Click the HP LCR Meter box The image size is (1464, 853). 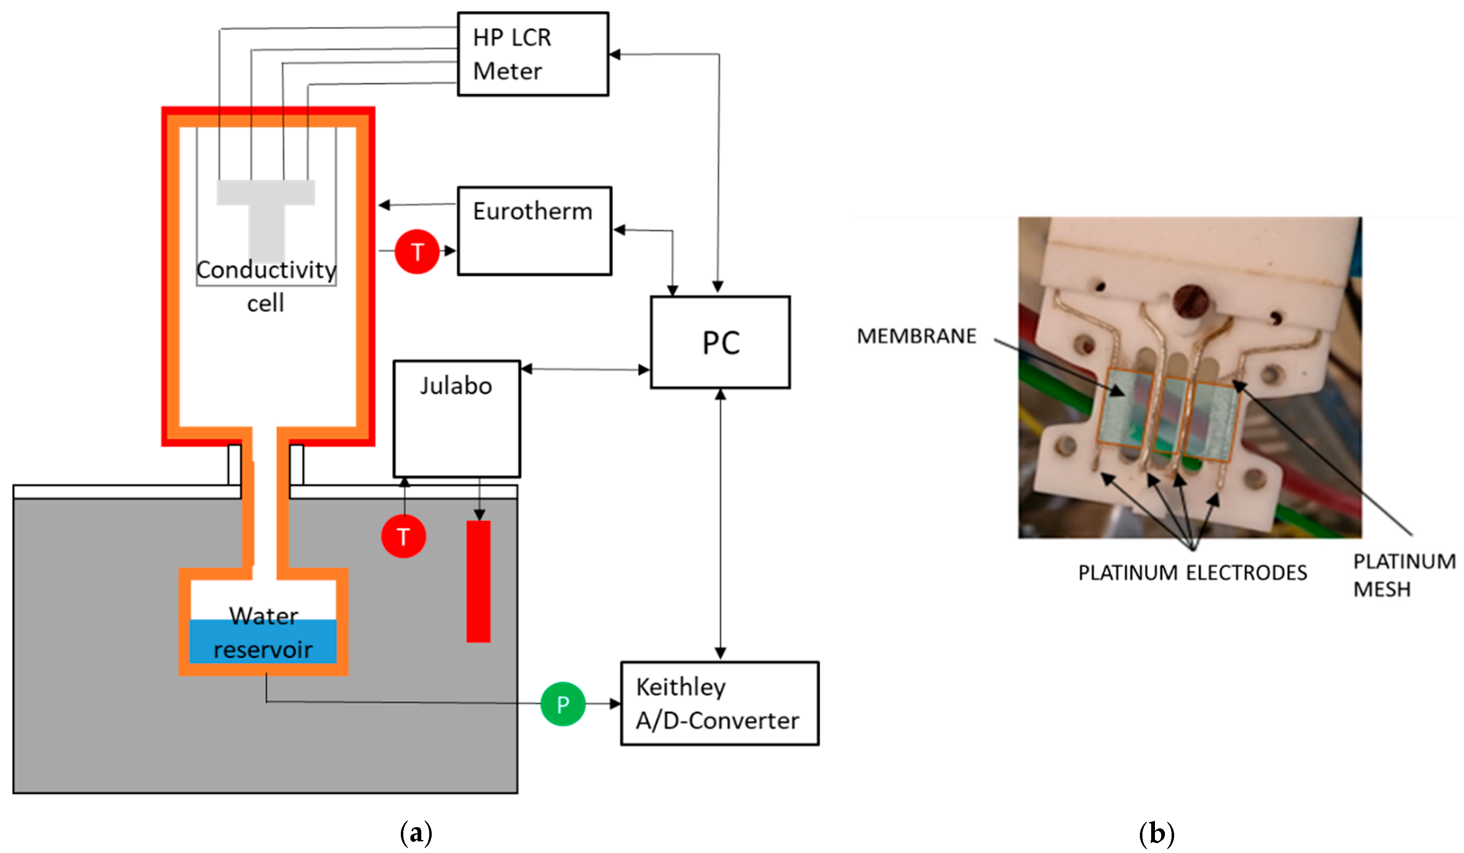pyautogui.click(x=532, y=54)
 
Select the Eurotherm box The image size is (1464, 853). pyautogui.click(x=534, y=230)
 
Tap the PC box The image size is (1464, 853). pyautogui.click(x=720, y=342)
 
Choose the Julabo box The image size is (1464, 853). pyautogui.click(x=457, y=418)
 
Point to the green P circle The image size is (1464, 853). pyautogui.click(x=562, y=704)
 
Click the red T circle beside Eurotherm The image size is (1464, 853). pyautogui.click(x=417, y=252)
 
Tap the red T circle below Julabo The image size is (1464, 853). pyautogui.click(x=403, y=536)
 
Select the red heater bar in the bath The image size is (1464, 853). pyautogui.click(x=478, y=581)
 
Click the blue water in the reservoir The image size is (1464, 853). pyautogui.click(x=263, y=641)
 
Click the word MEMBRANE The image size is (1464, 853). pyautogui.click(x=916, y=336)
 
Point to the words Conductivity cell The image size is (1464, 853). pyautogui.click(x=266, y=285)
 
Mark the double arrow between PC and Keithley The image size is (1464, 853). pyautogui.click(x=720, y=523)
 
